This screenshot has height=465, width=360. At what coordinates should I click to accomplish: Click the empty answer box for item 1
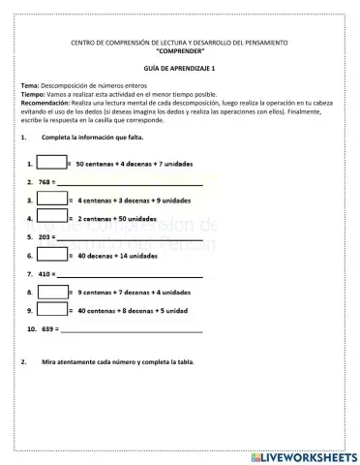[52, 162]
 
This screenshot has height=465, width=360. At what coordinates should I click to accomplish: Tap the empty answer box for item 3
[52, 200]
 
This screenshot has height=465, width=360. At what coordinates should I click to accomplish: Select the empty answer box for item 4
[52, 218]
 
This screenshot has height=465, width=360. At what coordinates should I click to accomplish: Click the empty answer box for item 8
[52, 292]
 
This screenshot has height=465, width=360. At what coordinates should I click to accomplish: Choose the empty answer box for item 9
[52, 310]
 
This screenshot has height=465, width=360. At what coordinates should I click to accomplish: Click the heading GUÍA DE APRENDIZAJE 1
[179, 70]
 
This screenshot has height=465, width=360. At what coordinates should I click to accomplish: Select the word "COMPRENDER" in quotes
[179, 51]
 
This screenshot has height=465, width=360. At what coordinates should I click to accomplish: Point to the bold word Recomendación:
[45, 102]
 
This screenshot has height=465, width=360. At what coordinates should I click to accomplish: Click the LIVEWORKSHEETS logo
[301, 455]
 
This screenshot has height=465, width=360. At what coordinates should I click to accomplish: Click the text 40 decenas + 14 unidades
[117, 256]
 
